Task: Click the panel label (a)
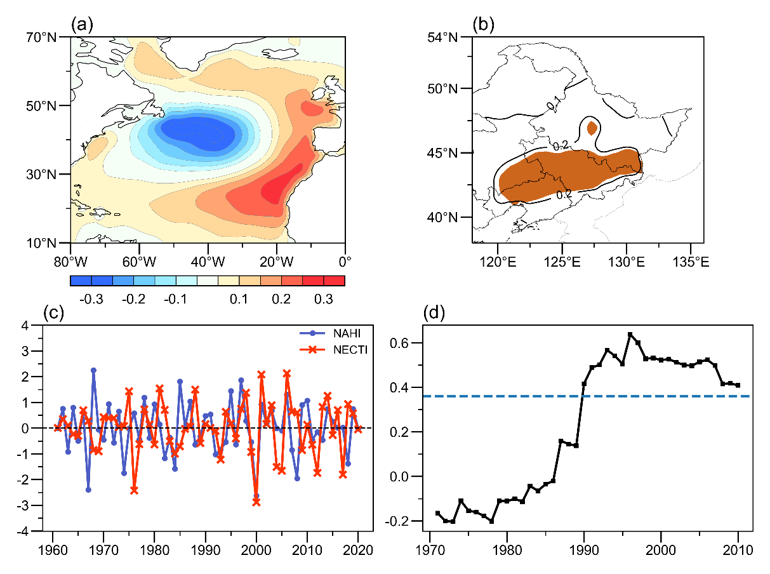coord(83,25)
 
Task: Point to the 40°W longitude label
coord(207,260)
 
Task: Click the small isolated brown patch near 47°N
coord(592,128)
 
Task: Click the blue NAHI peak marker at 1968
coord(93,370)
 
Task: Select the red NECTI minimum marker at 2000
coord(256,502)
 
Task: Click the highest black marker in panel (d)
coord(630,335)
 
